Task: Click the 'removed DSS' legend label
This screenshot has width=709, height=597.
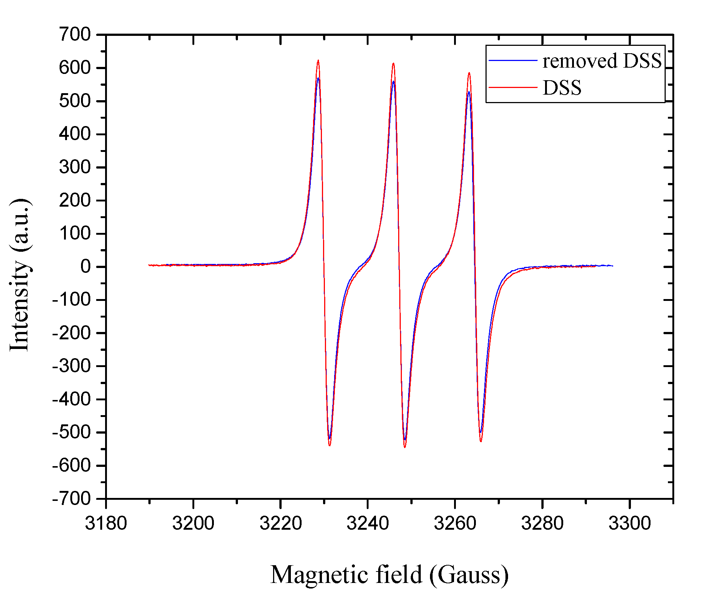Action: click(602, 61)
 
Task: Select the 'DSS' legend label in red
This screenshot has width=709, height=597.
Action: click(562, 88)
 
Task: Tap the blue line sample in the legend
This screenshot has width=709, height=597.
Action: click(513, 60)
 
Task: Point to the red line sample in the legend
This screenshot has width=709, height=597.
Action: click(513, 88)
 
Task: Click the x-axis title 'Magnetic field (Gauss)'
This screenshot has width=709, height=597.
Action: click(389, 575)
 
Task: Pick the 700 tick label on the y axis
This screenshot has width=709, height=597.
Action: click(75, 35)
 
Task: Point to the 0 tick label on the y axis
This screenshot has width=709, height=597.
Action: click(85, 267)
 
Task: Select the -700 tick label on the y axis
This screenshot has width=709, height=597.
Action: click(71, 499)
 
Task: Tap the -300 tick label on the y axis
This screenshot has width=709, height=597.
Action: click(71, 366)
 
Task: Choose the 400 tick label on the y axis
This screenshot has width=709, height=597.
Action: click(75, 134)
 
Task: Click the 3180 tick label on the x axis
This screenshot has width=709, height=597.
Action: click(106, 523)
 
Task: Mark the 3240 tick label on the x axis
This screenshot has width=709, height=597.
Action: click(368, 523)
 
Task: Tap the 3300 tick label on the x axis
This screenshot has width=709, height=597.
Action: click(629, 523)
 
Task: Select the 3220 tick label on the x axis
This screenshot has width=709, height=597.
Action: click(280, 523)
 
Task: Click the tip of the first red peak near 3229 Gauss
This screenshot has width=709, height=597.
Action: click(318, 60)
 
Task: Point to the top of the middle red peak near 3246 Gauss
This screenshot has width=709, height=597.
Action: click(393, 63)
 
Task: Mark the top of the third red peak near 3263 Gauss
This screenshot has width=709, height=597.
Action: click(469, 73)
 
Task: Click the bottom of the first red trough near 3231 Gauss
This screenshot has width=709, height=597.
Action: click(329, 445)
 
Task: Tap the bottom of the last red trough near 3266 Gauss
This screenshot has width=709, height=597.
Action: click(481, 441)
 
